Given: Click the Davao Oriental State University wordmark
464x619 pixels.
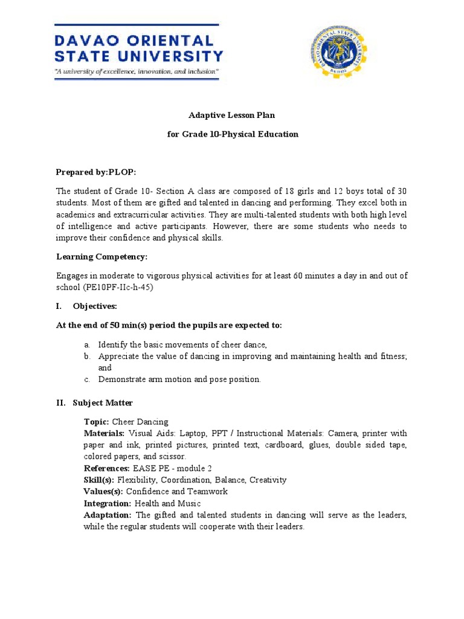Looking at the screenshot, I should [138, 49].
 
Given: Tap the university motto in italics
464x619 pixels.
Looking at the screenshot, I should [137, 71].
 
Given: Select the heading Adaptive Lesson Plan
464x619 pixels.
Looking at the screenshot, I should [233, 115].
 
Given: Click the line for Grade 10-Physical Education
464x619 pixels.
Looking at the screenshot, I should [233, 134].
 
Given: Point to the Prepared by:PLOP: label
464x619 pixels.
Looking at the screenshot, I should [100, 172].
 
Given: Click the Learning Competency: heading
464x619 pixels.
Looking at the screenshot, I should [101, 257].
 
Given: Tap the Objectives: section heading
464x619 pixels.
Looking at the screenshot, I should [95, 306].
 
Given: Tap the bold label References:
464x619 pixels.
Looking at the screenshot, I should [106, 468].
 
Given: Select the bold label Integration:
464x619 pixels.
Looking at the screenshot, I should [108, 503].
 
